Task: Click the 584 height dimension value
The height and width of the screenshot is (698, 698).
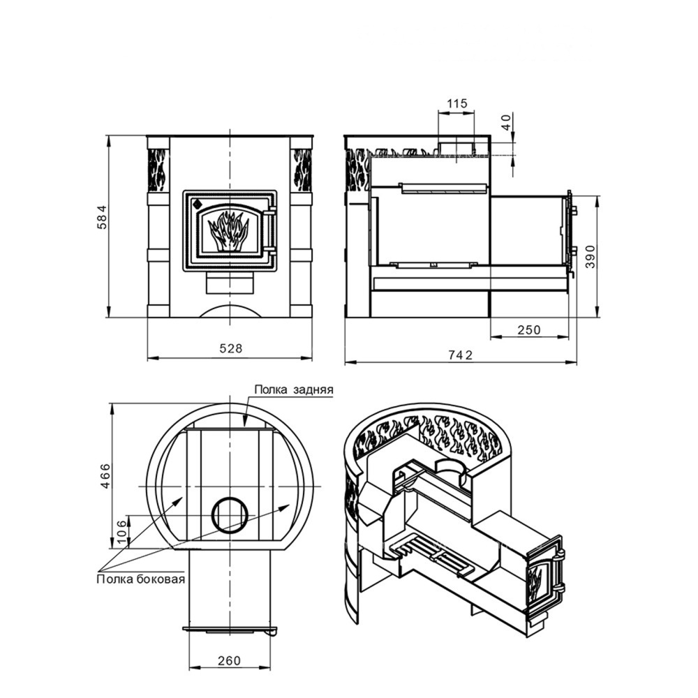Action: (x=103, y=217)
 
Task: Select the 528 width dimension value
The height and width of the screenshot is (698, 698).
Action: (x=232, y=348)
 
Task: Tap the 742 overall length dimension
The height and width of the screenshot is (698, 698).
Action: (x=460, y=355)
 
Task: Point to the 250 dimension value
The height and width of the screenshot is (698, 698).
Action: (x=529, y=330)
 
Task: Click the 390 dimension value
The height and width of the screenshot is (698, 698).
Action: (x=591, y=256)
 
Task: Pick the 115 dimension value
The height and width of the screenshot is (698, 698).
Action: (x=457, y=103)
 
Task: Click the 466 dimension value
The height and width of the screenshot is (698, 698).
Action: (x=105, y=476)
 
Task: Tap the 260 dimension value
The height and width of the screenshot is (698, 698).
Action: (x=229, y=660)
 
